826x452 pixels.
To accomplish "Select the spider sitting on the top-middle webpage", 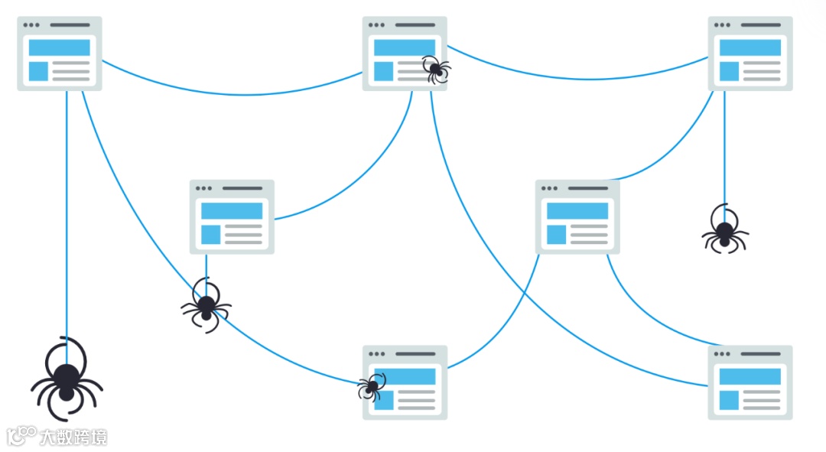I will pos(436,70).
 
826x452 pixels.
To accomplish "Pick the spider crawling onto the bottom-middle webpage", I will pos(371,386).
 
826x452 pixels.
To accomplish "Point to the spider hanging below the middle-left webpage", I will pos(206,307).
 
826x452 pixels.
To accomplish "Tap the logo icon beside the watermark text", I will pos(21,436).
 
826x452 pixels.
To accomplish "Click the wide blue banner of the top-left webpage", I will pos(60,47).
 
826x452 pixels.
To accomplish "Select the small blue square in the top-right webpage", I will pos(729,71).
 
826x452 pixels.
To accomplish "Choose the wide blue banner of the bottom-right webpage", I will pos(750,376).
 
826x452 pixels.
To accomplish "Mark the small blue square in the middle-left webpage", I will pos(210,234).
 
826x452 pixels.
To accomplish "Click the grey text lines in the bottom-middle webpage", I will pos(416,399).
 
